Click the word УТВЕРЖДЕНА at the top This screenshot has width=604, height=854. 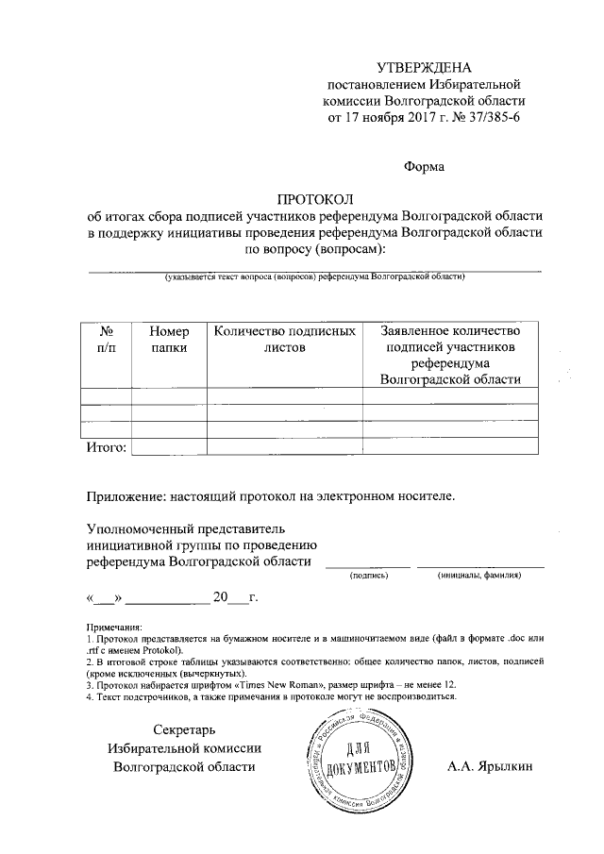(423, 67)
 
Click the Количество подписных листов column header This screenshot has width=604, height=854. (284, 340)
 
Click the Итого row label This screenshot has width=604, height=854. (107, 446)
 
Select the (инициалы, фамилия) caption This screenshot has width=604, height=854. (479, 575)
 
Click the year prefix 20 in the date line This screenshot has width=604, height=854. (221, 598)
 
